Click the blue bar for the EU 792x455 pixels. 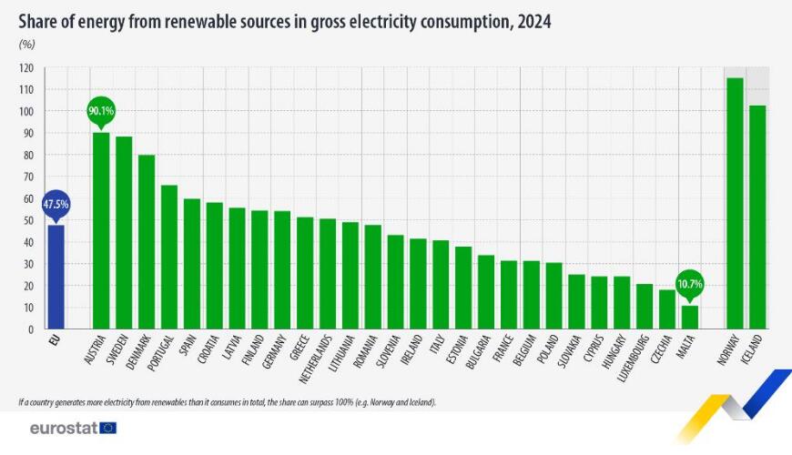click(x=56, y=277)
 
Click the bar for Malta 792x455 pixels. click(x=690, y=317)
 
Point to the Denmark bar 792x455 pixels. click(x=147, y=241)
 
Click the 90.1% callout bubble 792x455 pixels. click(x=101, y=110)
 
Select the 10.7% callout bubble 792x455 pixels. click(x=690, y=284)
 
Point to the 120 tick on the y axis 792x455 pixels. click(x=26, y=68)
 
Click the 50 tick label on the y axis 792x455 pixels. click(x=28, y=220)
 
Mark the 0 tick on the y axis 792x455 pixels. click(x=31, y=329)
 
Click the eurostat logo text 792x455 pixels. click(x=64, y=428)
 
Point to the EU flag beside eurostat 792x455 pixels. click(x=108, y=428)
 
